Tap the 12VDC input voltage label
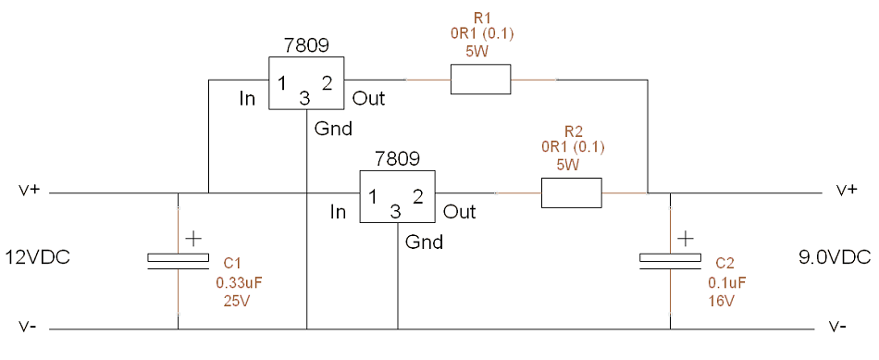[38, 257]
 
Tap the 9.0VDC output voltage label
[835, 257]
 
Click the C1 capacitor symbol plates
[179, 261]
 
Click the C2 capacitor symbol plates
[671, 261]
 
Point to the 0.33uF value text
[240, 282]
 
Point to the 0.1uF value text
[727, 282]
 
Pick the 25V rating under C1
[236, 301]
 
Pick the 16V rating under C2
[722, 301]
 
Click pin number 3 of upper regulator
[304, 99]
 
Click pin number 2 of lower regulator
[417, 196]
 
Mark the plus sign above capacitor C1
[192, 240]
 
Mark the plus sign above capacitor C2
[685, 240]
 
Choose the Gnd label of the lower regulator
[425, 242]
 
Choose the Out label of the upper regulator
[369, 99]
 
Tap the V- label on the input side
[28, 326]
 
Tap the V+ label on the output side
[848, 190]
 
